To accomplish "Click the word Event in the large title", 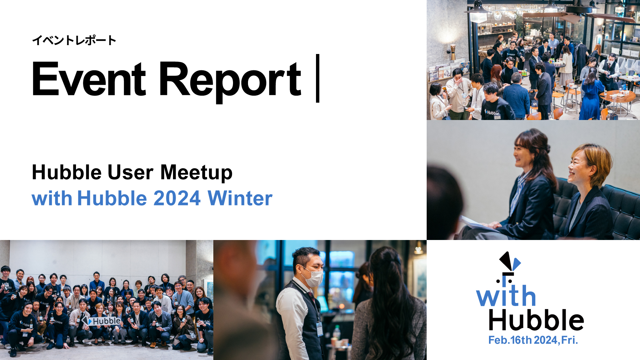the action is pyautogui.click(x=89, y=79).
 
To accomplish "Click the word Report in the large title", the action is pyautogui.click(x=230, y=82).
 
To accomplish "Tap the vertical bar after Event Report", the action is pyautogui.click(x=318, y=78).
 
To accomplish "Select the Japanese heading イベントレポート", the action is pyautogui.click(x=74, y=40).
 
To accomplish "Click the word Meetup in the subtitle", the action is pyautogui.click(x=196, y=173).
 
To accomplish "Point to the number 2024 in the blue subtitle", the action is pyautogui.click(x=177, y=198).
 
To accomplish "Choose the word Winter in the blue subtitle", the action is pyautogui.click(x=240, y=198).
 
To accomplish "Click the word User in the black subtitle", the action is pyautogui.click(x=130, y=173).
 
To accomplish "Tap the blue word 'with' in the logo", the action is pyautogui.click(x=506, y=296).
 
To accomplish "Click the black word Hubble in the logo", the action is pyautogui.click(x=536, y=320).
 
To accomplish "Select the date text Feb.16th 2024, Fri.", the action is pyautogui.click(x=533, y=340).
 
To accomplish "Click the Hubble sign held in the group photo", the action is pyautogui.click(x=102, y=321).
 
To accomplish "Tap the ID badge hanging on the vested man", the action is pyautogui.click(x=319, y=329).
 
